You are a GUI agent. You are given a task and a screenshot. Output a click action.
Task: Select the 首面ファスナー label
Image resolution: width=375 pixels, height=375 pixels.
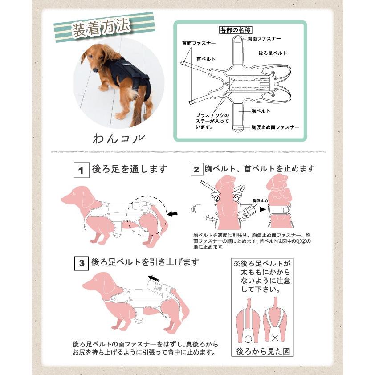coord(199,44)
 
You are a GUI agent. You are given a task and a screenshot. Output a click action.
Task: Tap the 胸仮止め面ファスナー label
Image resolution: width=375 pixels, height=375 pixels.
coord(275,127)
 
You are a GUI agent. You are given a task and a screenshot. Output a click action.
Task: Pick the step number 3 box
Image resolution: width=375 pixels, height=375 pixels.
coord(81,263)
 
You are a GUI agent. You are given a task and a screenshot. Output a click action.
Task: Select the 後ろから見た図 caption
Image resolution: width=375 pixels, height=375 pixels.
coord(262,351)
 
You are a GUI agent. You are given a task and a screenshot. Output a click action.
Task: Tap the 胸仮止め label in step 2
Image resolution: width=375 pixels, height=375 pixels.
coord(260,201)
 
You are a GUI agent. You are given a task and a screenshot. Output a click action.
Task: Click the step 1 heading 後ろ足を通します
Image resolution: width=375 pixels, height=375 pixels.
coord(129,169)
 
